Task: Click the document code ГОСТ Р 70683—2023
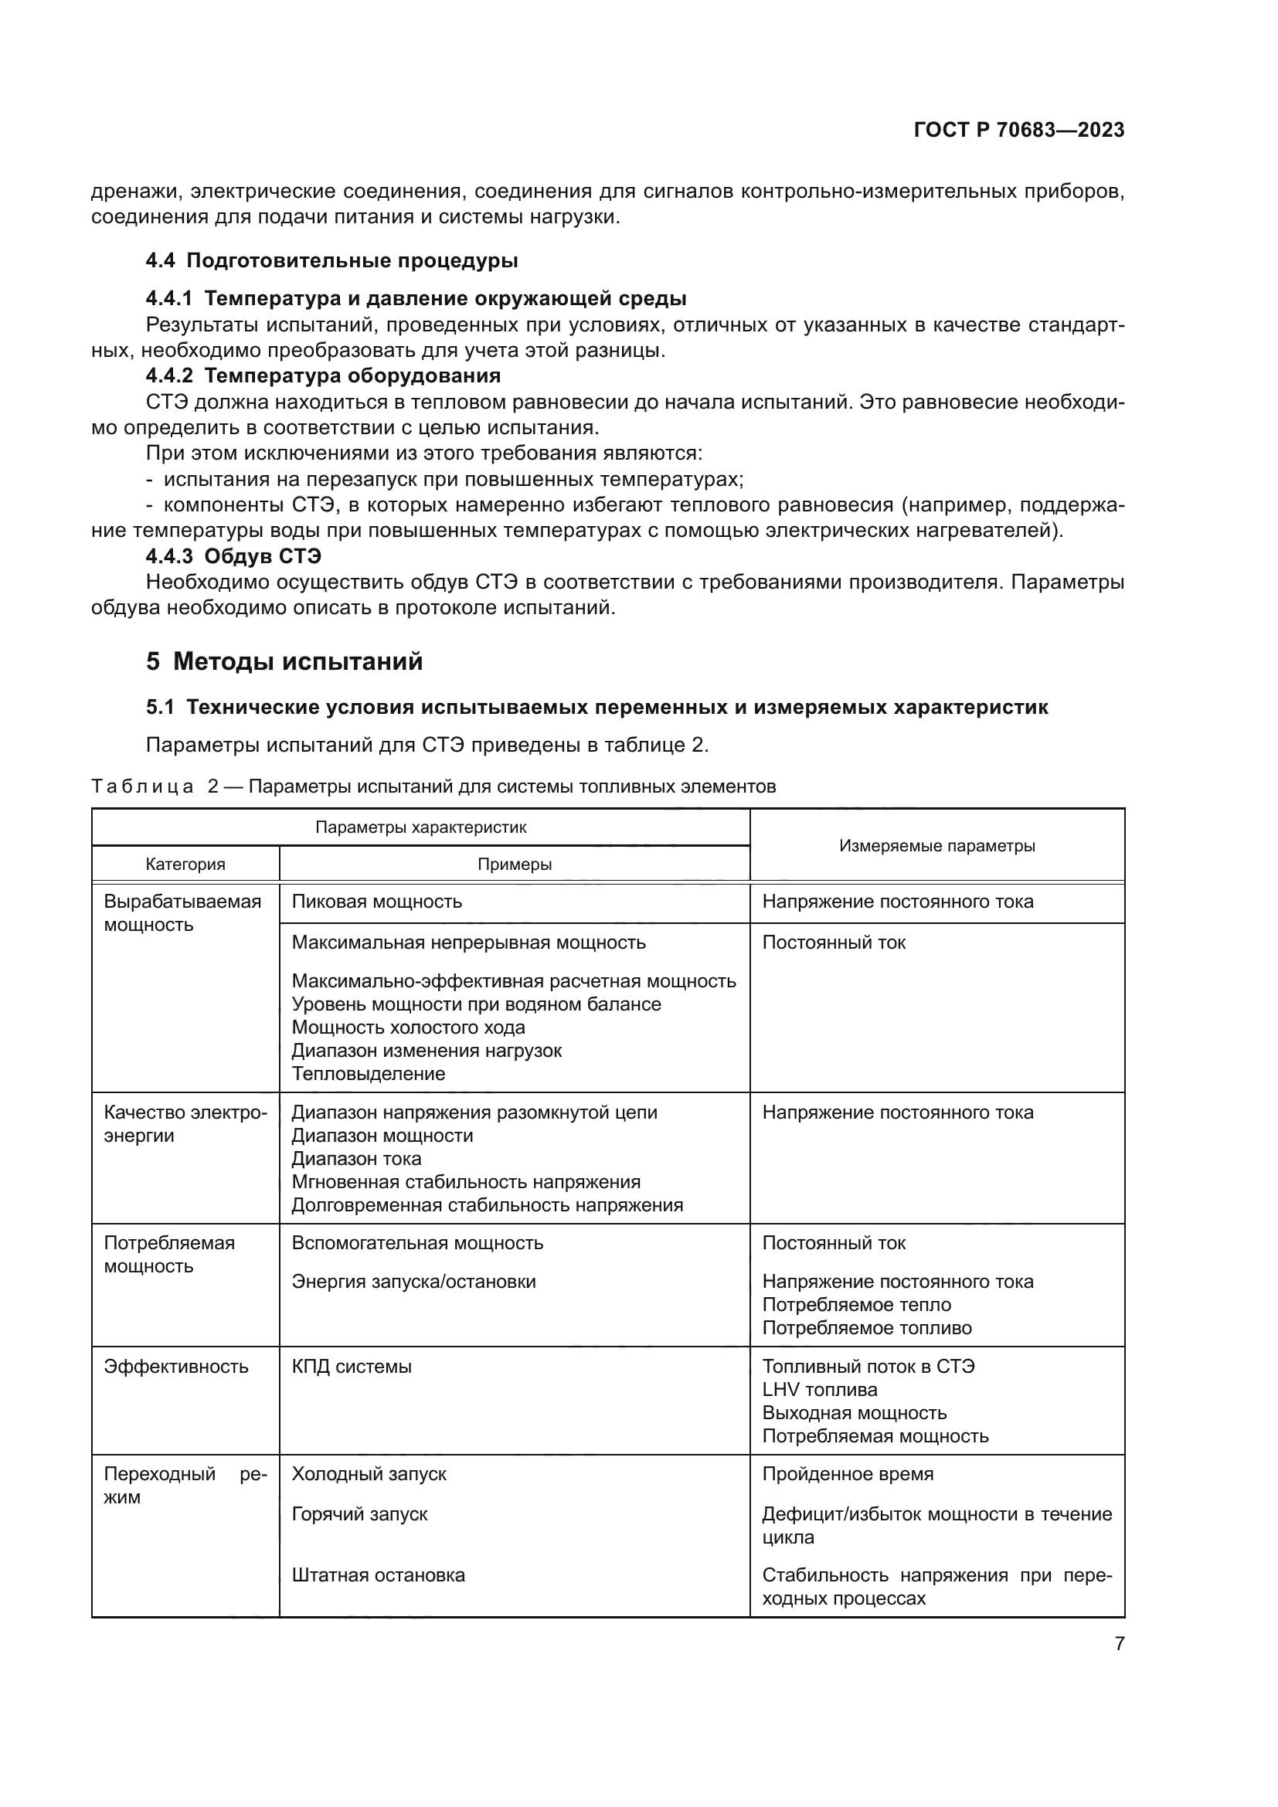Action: (x=1018, y=130)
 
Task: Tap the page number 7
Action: (x=1119, y=1643)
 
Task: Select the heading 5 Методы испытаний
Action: (x=284, y=661)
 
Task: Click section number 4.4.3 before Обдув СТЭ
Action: (x=169, y=556)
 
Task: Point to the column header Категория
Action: (x=185, y=864)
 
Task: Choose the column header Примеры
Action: (x=514, y=864)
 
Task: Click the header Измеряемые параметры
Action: (x=936, y=846)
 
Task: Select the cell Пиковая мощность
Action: (x=376, y=902)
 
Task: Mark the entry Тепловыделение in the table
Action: (x=368, y=1074)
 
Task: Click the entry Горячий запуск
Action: (x=359, y=1514)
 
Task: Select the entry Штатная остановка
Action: (x=378, y=1575)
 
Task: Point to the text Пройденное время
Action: (x=847, y=1474)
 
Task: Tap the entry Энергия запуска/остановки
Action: (x=413, y=1281)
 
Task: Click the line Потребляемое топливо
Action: (x=866, y=1328)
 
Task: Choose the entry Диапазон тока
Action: (x=355, y=1159)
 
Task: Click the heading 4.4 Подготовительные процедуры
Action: (x=331, y=260)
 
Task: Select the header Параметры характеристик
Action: (x=420, y=827)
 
